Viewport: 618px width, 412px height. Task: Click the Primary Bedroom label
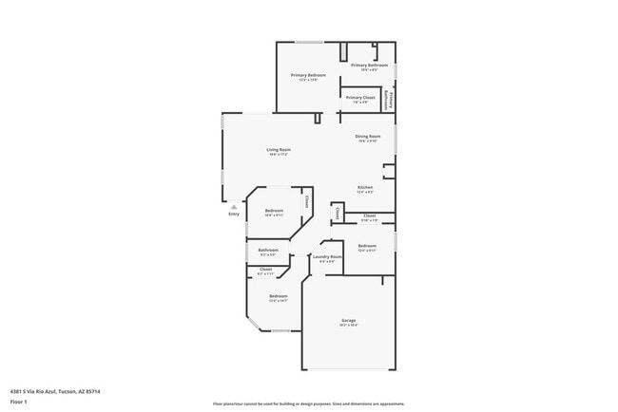309,74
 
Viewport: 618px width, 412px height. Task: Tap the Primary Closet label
360,98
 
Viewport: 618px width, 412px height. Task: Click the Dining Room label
368,137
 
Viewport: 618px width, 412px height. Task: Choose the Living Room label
278,150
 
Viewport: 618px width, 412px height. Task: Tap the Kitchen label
365,187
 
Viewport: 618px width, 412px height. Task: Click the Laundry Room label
327,256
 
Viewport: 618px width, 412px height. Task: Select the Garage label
349,321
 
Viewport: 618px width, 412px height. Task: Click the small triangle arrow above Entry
234,205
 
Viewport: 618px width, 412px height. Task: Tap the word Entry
234,214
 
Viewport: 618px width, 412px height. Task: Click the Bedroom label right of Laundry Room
367,246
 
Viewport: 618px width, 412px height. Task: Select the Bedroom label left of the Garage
278,297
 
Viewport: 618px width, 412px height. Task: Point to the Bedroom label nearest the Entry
274,210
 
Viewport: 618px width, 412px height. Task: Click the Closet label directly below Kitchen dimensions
369,216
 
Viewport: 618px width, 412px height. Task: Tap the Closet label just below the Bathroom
265,270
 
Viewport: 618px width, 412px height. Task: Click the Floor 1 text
18,402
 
